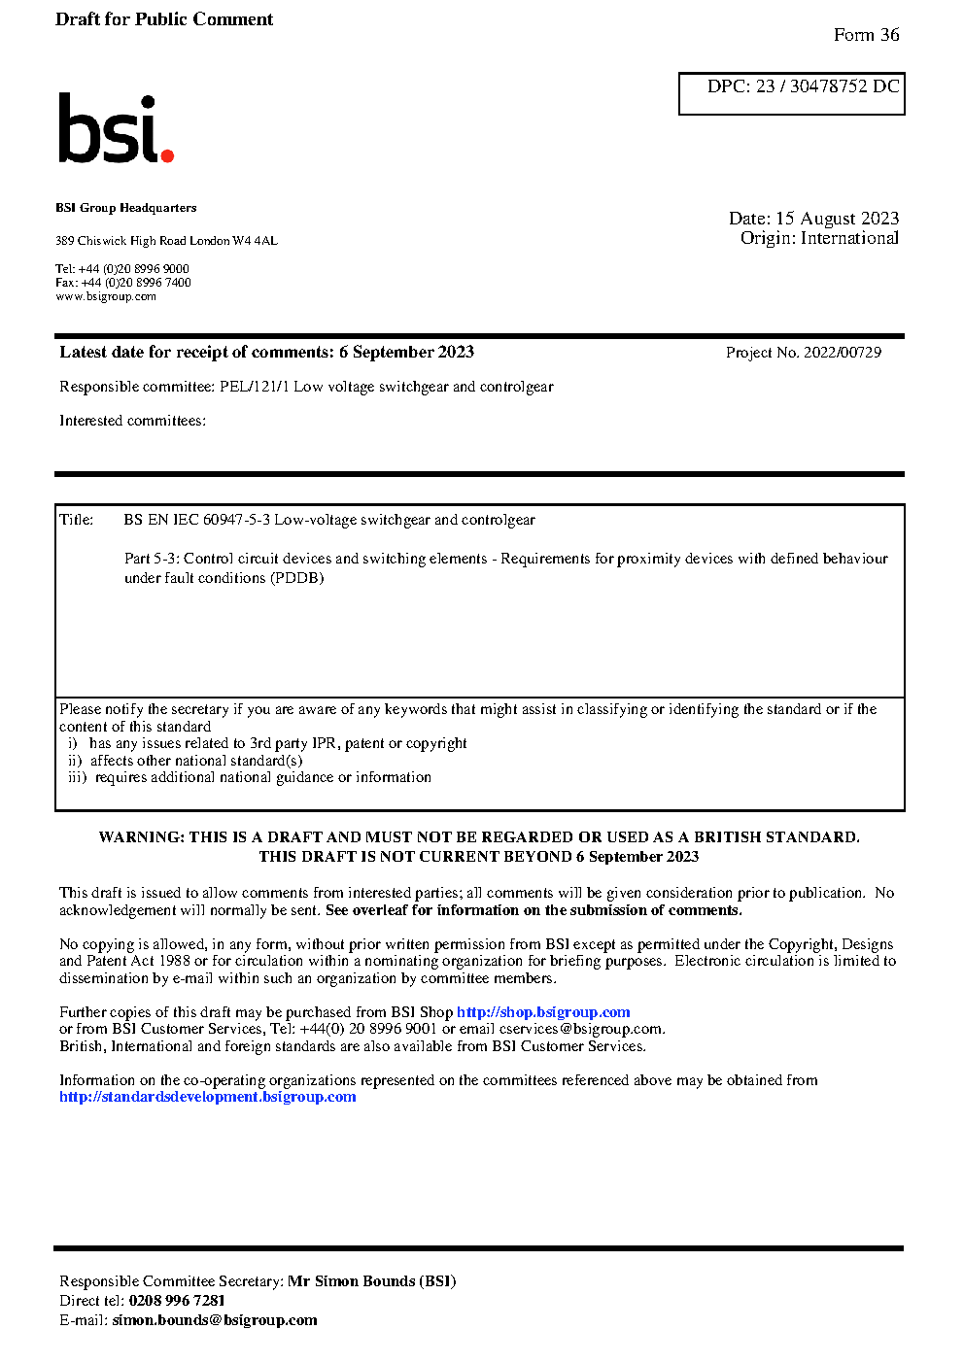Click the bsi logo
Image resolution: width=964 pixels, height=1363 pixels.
point(115,128)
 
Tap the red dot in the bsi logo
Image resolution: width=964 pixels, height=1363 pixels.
point(167,154)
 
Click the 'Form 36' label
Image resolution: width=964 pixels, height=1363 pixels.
point(866,35)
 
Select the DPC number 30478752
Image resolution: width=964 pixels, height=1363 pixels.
point(828,86)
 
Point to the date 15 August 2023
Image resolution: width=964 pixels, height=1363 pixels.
point(837,219)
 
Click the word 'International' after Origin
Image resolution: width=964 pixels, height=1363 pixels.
point(849,238)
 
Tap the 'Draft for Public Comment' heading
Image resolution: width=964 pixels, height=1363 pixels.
point(164,19)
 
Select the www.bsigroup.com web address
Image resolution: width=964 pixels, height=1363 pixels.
point(106,296)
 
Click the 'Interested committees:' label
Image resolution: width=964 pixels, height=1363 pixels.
point(132,421)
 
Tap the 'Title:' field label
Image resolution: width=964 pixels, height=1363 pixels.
point(77,520)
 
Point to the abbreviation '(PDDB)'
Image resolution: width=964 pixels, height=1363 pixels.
point(296,578)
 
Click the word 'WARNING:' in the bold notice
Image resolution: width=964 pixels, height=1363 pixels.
point(142,837)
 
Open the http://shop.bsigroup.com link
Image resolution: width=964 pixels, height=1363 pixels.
point(543,1012)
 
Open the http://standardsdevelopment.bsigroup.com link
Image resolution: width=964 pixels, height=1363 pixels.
point(207,1097)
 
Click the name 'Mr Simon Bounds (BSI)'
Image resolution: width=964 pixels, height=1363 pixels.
point(371,1281)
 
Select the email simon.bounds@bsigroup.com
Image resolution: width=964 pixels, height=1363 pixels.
point(214,1320)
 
